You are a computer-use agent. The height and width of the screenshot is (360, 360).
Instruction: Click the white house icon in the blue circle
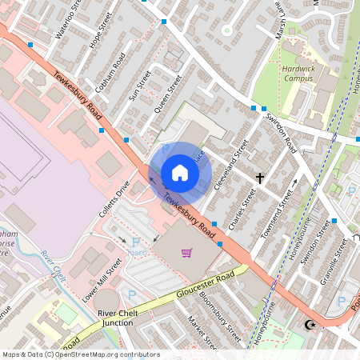pos(180,173)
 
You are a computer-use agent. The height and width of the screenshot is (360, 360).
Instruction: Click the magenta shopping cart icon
pos(186,254)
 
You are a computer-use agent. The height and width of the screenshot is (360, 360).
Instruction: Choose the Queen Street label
pos(169,94)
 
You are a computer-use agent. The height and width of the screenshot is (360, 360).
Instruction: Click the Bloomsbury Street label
pos(222,316)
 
